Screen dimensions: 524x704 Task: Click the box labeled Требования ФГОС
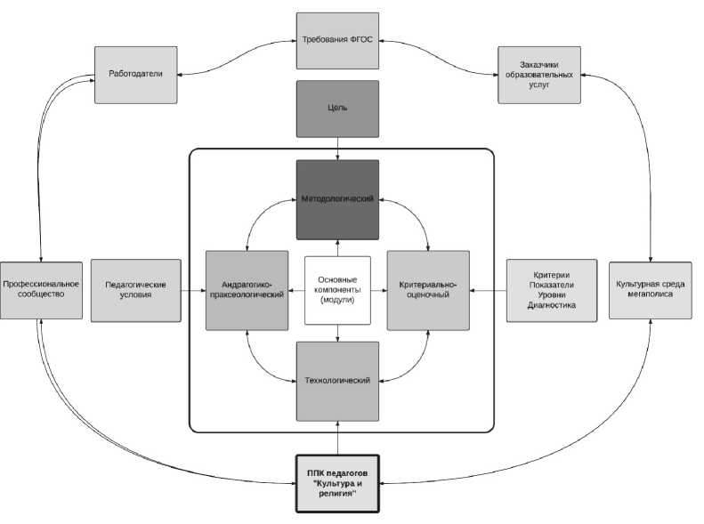pyautogui.click(x=337, y=40)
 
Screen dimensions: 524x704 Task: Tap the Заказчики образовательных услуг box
pyautogui.click(x=538, y=74)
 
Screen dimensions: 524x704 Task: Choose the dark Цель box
pyautogui.click(x=337, y=109)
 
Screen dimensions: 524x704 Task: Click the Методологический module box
pyautogui.click(x=337, y=199)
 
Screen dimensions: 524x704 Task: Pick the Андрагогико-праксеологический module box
pyautogui.click(x=246, y=290)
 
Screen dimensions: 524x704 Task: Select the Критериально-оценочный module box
pyautogui.click(x=428, y=290)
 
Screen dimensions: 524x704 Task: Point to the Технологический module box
pyautogui.click(x=337, y=381)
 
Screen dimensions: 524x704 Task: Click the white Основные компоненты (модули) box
pyautogui.click(x=337, y=291)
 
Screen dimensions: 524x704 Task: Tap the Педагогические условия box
pyautogui.click(x=135, y=290)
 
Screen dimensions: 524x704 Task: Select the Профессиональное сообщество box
pyautogui.click(x=41, y=290)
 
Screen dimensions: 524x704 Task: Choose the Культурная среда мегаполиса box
pyautogui.click(x=651, y=290)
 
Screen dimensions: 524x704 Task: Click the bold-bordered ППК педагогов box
pyautogui.click(x=337, y=483)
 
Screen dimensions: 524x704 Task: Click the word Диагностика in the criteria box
pyautogui.click(x=551, y=305)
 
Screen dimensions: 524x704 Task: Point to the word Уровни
pyautogui.click(x=551, y=294)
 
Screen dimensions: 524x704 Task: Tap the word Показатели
pyautogui.click(x=551, y=285)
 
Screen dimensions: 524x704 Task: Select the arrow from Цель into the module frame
pyautogui.click(x=337, y=149)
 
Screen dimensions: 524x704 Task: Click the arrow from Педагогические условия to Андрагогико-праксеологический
pyautogui.click(x=193, y=290)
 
